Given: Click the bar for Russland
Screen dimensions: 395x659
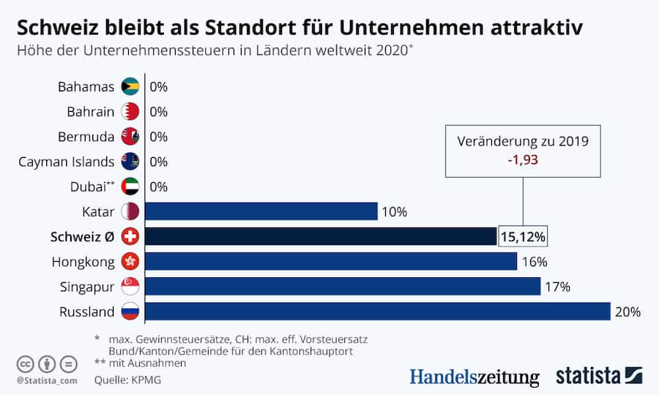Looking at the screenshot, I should pos(377,312).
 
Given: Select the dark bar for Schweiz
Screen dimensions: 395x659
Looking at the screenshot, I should pos(321,236).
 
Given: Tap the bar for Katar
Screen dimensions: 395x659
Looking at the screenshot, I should pos(261,211).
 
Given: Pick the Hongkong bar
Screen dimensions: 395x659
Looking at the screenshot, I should pos(331,261).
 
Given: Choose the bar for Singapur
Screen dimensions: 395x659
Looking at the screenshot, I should pos(343,286).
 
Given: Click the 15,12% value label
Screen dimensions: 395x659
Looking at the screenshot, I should pos(523,237).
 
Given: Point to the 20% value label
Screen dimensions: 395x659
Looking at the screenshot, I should pos(628,312).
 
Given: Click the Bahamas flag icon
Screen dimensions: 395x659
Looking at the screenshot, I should pos(130,87).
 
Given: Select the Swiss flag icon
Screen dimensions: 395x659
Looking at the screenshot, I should pos(130,236).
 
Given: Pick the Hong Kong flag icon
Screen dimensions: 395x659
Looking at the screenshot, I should pos(130,261).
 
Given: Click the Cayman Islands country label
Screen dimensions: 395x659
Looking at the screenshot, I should pos(67,162).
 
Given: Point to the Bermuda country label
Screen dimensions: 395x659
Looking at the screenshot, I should pos(86,137).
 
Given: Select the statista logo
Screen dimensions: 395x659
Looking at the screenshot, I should pos(598,376).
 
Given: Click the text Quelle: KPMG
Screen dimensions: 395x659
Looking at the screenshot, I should pos(126,380).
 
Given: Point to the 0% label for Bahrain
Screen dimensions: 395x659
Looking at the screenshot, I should pos(158,112).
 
